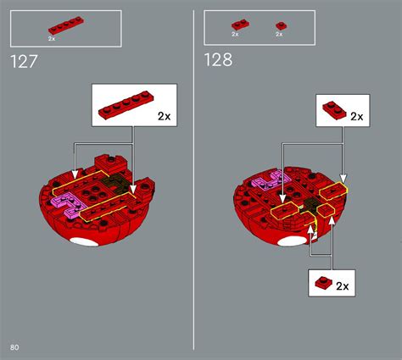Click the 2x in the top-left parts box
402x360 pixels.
tap(52, 38)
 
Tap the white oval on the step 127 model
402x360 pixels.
tap(85, 243)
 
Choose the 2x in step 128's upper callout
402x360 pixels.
tap(356, 116)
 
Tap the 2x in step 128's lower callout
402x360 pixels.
tap(343, 286)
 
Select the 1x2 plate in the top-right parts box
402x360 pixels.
tap(236, 25)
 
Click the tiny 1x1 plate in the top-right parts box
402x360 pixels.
tap(280, 26)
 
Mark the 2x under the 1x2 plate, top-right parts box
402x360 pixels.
tap(235, 35)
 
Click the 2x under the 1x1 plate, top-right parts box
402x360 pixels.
tap(279, 35)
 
